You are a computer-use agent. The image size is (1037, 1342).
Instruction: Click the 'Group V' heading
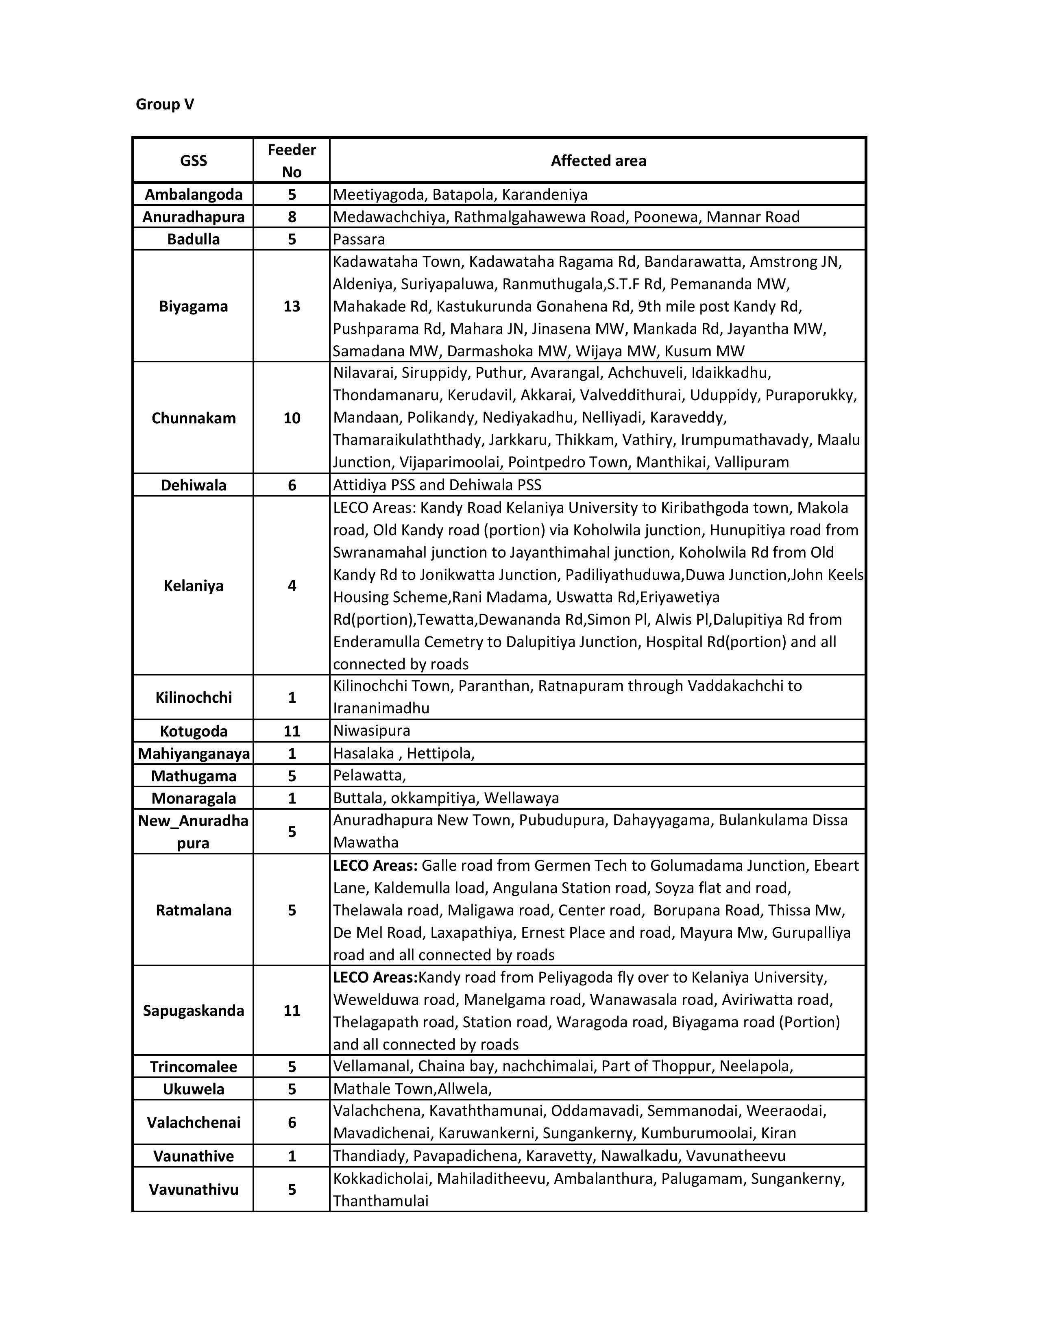165,105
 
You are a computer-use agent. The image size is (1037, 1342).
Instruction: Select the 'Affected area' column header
598,161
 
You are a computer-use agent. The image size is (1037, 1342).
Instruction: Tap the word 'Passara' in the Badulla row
359,239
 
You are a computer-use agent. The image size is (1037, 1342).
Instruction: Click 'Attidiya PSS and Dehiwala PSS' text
437,485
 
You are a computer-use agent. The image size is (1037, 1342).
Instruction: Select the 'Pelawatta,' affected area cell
369,776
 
